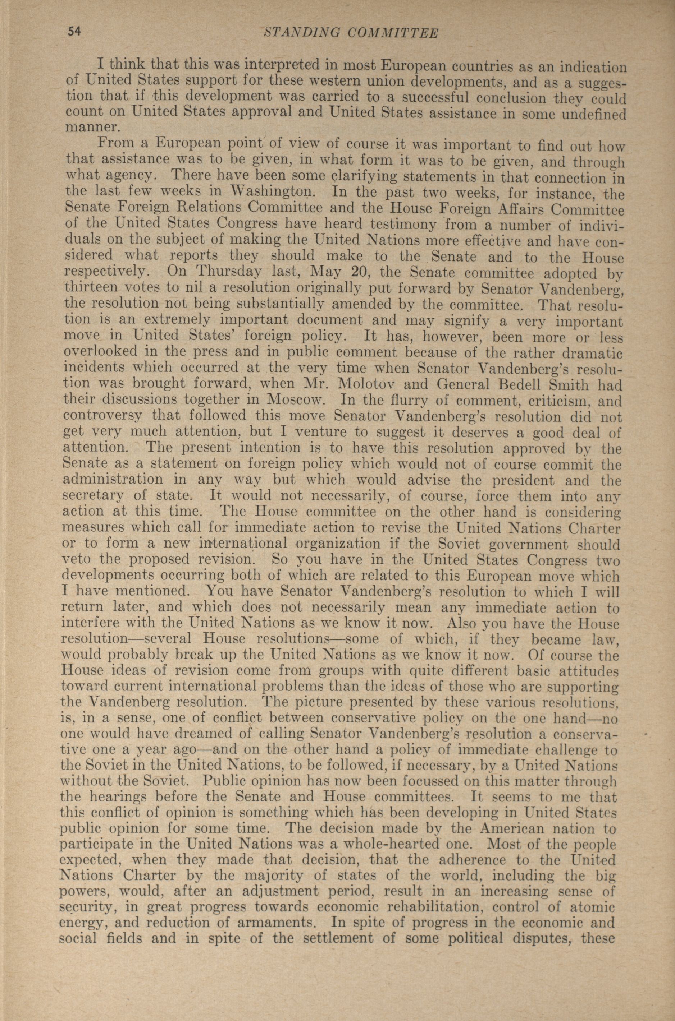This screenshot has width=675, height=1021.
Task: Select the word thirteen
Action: [92, 287]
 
